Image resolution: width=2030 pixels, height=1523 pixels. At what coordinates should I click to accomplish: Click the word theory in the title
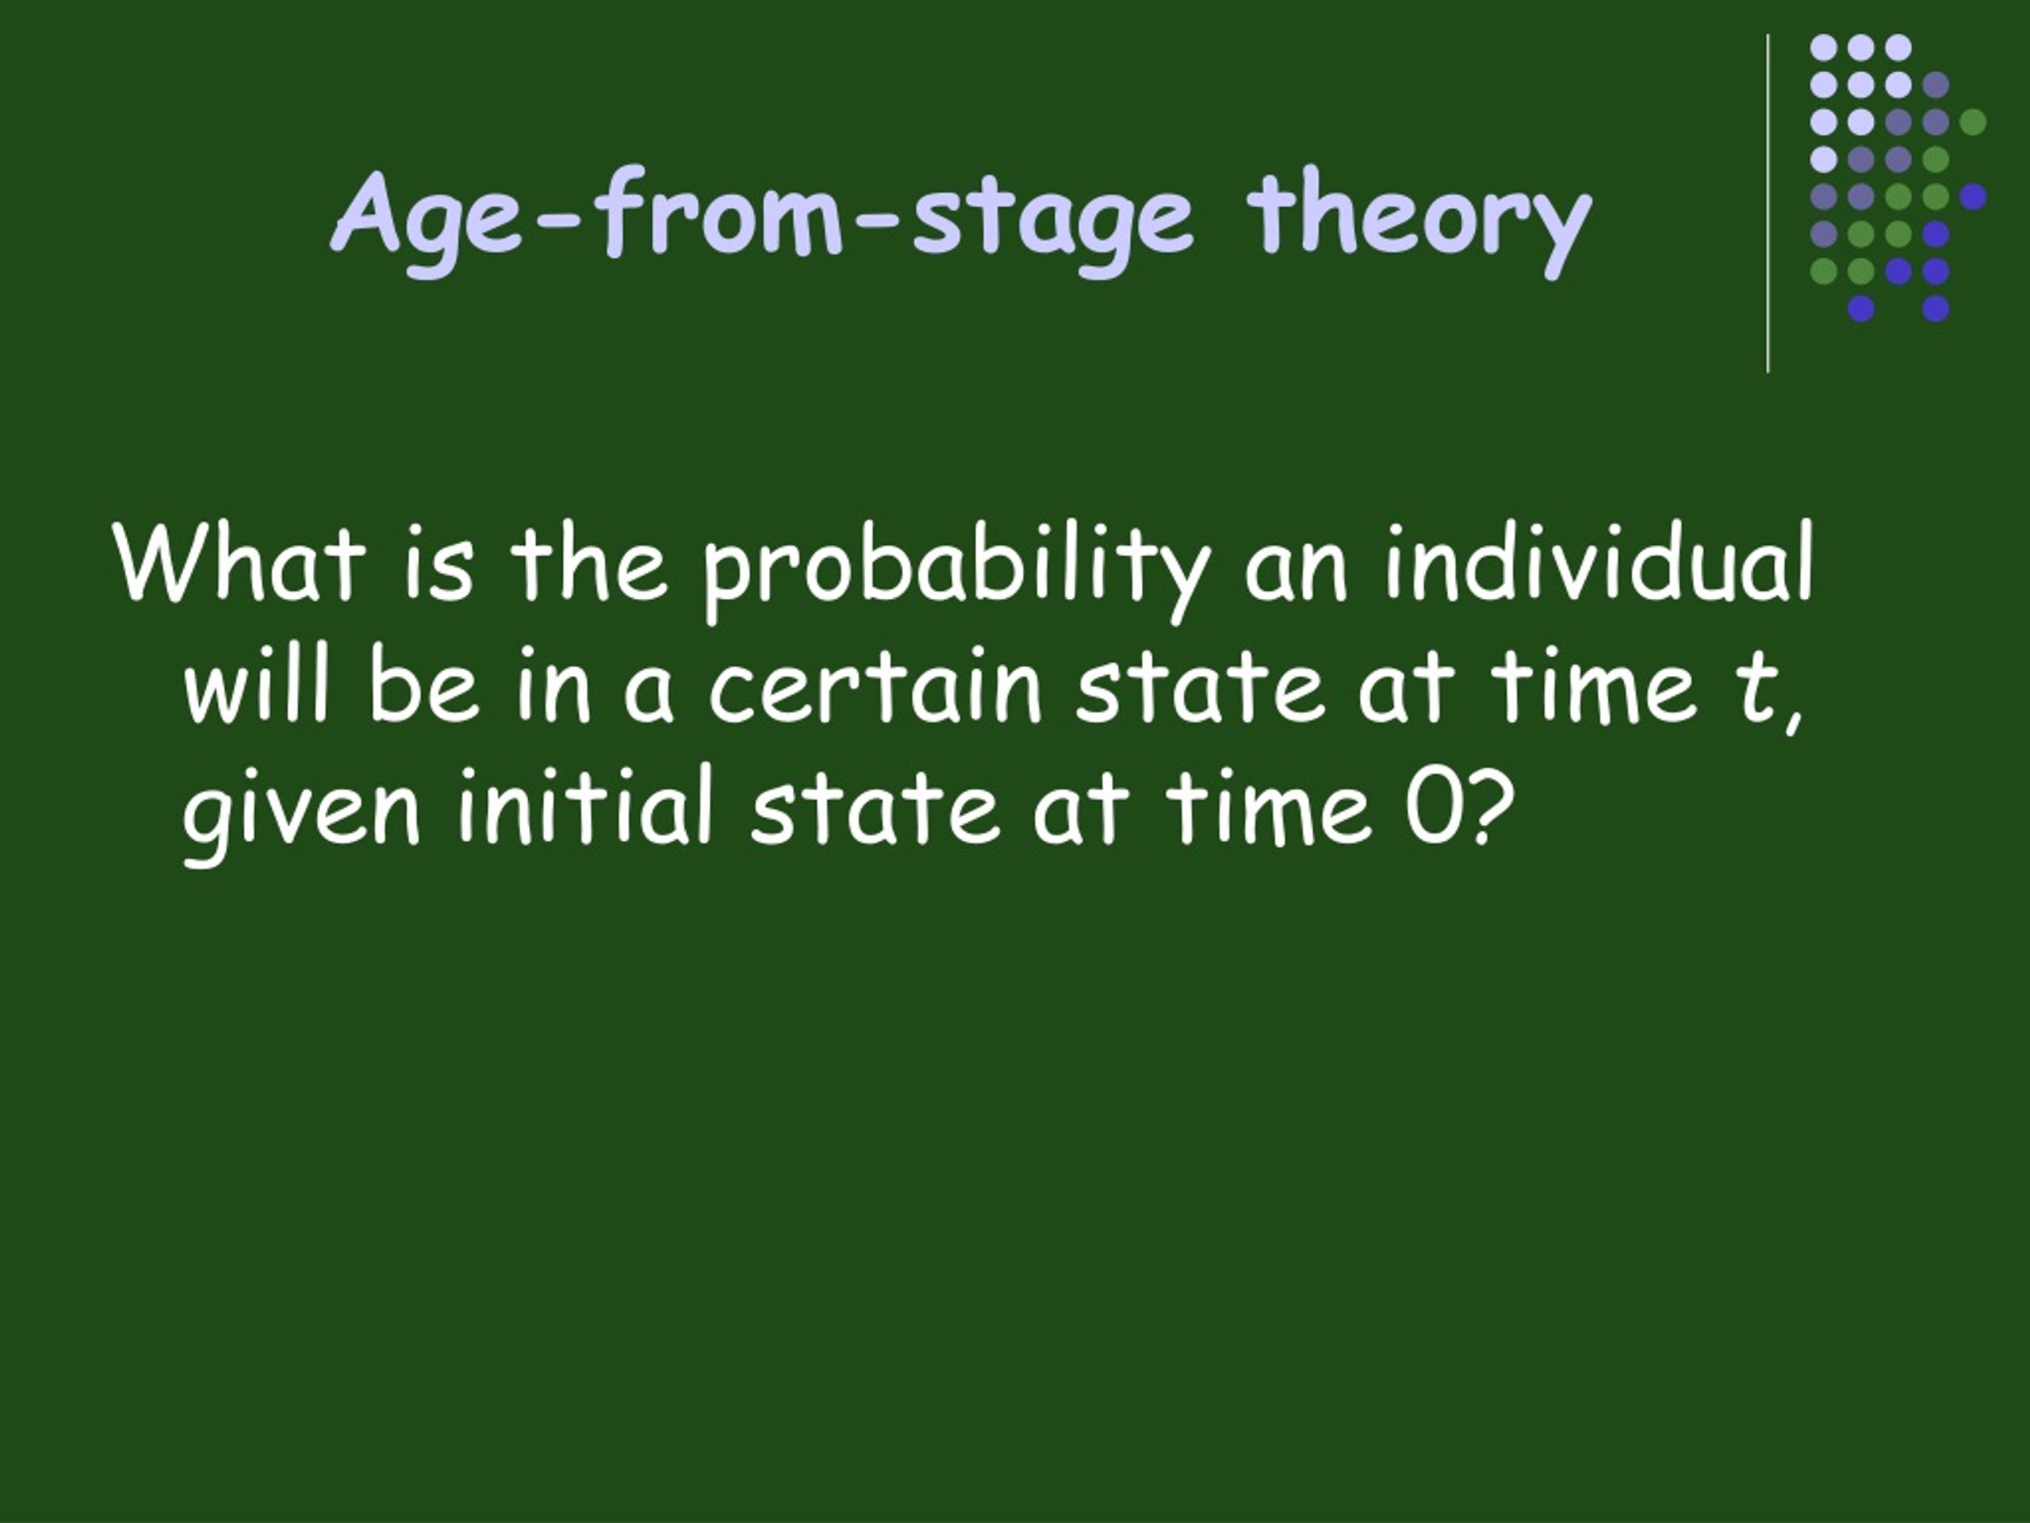1419,221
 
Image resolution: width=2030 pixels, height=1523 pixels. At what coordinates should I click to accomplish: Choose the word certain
875,686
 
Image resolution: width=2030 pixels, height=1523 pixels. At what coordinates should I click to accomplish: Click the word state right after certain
1201,688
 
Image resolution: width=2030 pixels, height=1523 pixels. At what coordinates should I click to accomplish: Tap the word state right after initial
875,807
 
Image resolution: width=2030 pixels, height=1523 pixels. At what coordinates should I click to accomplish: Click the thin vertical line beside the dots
1768,204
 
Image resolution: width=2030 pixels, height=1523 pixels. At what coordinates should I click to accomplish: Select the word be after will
424,684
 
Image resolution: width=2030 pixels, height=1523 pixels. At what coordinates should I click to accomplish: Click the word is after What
439,564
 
